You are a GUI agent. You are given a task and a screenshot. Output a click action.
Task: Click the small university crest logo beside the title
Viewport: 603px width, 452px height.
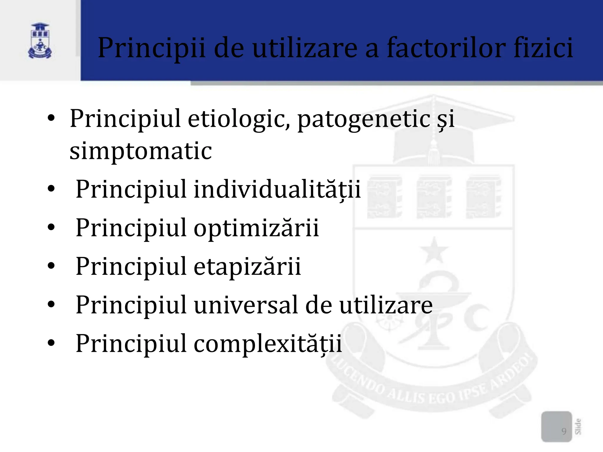(x=40, y=41)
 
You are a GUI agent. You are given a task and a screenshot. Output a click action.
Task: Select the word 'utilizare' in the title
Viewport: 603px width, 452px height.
(x=305, y=48)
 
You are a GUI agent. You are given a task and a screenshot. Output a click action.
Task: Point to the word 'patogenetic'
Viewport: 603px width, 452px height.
(x=364, y=119)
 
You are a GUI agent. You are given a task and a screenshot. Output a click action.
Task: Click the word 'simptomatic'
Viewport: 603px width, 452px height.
(x=141, y=151)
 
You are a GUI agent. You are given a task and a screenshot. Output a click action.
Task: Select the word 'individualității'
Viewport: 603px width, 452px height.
(x=277, y=189)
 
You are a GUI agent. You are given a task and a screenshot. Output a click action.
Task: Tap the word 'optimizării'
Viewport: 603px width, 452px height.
(x=256, y=227)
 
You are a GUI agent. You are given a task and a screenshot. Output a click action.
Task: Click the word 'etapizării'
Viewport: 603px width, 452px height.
(x=247, y=266)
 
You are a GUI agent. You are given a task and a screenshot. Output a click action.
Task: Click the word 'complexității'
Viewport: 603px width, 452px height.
(x=268, y=343)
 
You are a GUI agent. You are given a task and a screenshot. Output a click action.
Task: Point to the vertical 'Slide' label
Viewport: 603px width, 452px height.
(x=578, y=426)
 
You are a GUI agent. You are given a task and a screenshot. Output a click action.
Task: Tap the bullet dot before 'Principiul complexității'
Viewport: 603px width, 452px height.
(x=51, y=343)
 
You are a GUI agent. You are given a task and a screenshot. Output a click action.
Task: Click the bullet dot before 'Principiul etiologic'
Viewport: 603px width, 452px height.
(x=51, y=118)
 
